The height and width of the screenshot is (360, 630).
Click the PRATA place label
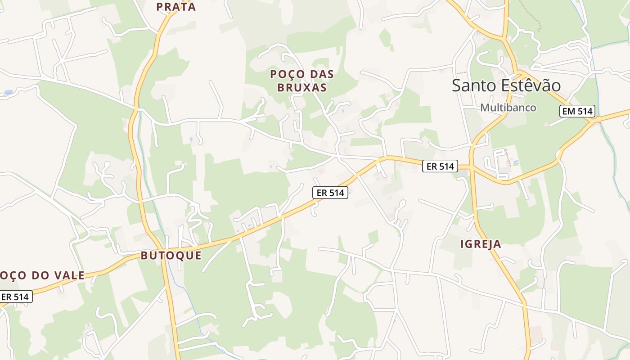click(176, 7)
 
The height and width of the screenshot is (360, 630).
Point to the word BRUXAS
click(301, 87)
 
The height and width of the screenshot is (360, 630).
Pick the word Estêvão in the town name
click(532, 85)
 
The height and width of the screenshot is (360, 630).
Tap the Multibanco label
click(508, 108)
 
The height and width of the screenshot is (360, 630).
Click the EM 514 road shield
click(577, 111)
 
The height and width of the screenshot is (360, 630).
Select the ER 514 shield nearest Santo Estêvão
click(440, 166)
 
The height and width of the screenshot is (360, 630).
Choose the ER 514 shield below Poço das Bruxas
click(330, 193)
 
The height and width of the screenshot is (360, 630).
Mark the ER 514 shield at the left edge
click(15, 297)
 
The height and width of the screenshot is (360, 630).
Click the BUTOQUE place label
click(171, 256)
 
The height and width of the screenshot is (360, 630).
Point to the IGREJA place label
click(481, 244)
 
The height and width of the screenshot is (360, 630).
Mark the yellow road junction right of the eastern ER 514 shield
click(472, 167)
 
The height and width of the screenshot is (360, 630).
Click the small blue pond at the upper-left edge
click(8, 93)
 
